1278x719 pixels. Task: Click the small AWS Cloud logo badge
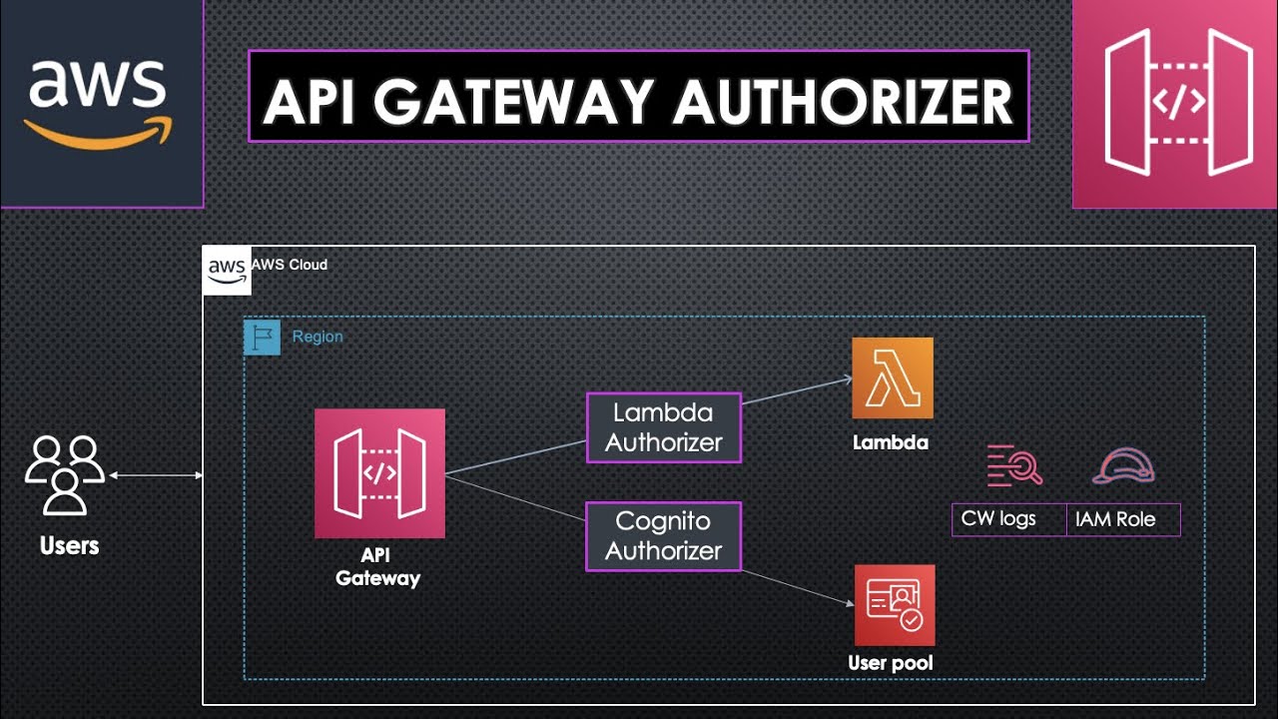pyautogui.click(x=227, y=270)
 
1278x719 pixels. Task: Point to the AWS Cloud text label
pyautogui.click(x=290, y=265)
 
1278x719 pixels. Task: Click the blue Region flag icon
pyautogui.click(x=262, y=338)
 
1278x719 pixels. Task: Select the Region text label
pyautogui.click(x=318, y=337)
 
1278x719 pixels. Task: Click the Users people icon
pyautogui.click(x=65, y=474)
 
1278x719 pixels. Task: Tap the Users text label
pyautogui.click(x=69, y=546)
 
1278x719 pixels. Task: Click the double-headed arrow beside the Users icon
pyautogui.click(x=156, y=475)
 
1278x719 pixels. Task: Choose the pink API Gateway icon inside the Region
pyautogui.click(x=379, y=473)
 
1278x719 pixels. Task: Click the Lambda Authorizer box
pyautogui.click(x=664, y=428)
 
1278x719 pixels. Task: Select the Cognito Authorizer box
pyautogui.click(x=664, y=536)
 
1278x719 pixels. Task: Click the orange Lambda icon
pyautogui.click(x=892, y=377)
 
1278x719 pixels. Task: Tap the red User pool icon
pyautogui.click(x=895, y=605)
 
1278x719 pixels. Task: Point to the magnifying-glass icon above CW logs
pyautogui.click(x=1014, y=465)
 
